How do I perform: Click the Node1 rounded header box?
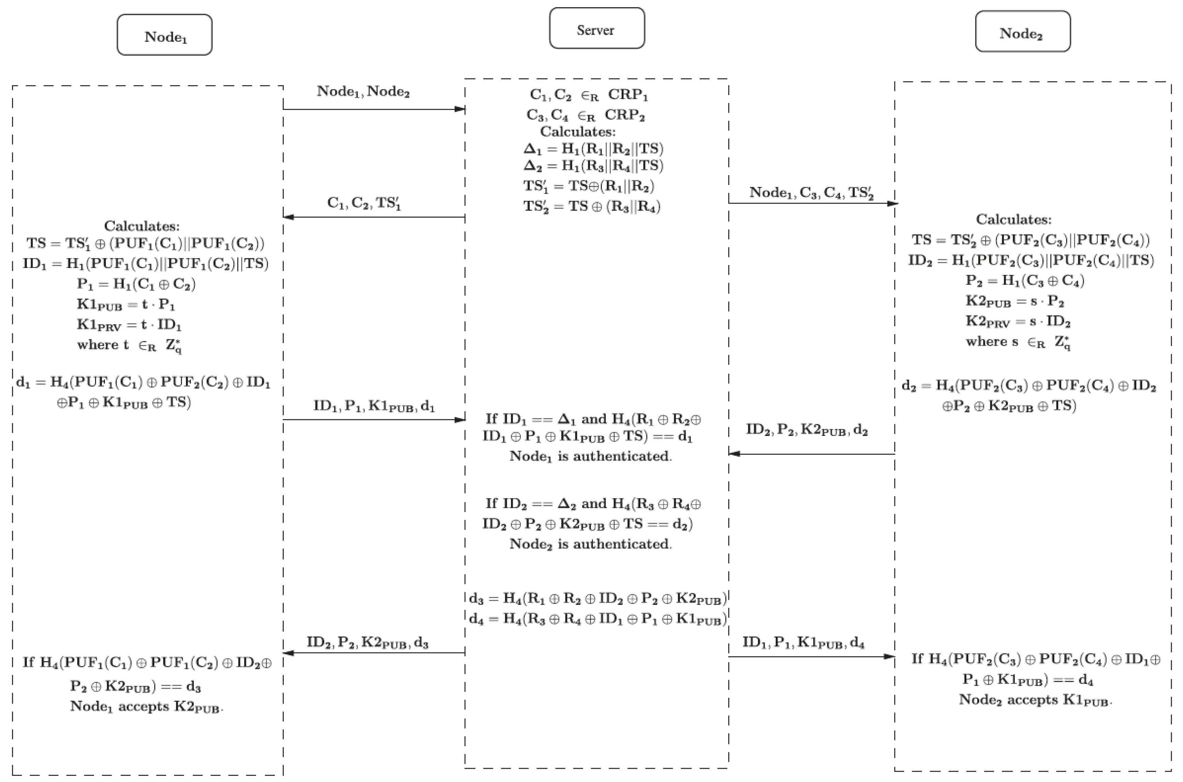165,35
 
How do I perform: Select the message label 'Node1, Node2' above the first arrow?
363,92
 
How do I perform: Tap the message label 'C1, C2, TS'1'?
364,203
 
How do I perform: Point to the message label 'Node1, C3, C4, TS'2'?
811,193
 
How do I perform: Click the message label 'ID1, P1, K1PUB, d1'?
374,406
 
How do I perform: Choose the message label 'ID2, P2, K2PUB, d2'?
807,430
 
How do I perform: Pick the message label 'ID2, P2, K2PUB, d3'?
368,642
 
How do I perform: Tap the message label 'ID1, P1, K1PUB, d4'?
803,643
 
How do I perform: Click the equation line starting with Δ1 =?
593,148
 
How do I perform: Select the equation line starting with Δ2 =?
593,166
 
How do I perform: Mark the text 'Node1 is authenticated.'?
591,456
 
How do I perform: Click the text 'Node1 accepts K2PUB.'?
146,707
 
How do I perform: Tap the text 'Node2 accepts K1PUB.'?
1036,700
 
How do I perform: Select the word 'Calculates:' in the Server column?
578,132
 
